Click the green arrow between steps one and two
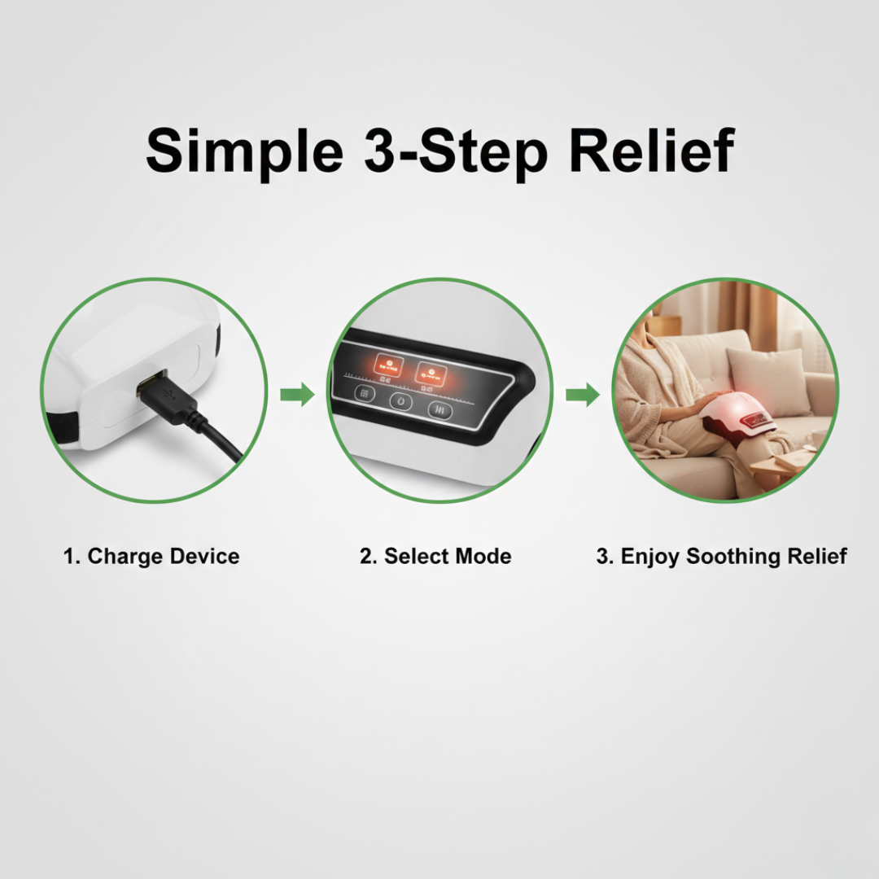pyautogui.click(x=297, y=396)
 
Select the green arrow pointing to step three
pyautogui.click(x=582, y=396)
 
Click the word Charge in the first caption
pyautogui.click(x=125, y=557)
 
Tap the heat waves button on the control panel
pyautogui.click(x=439, y=409)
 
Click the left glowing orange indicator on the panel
pyautogui.click(x=387, y=365)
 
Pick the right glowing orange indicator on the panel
pyautogui.click(x=431, y=373)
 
